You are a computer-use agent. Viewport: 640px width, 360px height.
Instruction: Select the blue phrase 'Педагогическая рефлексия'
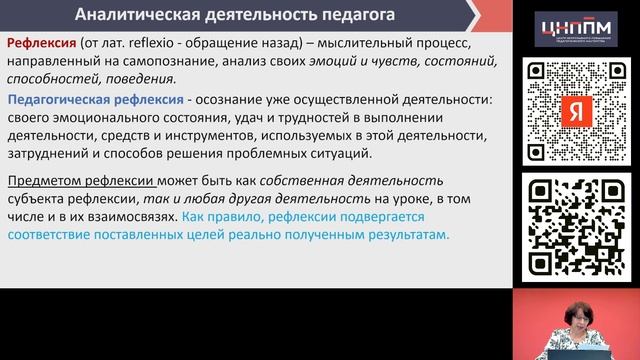95,100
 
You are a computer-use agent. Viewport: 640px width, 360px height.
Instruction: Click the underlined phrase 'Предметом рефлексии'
81,180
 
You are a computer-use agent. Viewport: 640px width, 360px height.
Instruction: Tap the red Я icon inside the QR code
575,111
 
